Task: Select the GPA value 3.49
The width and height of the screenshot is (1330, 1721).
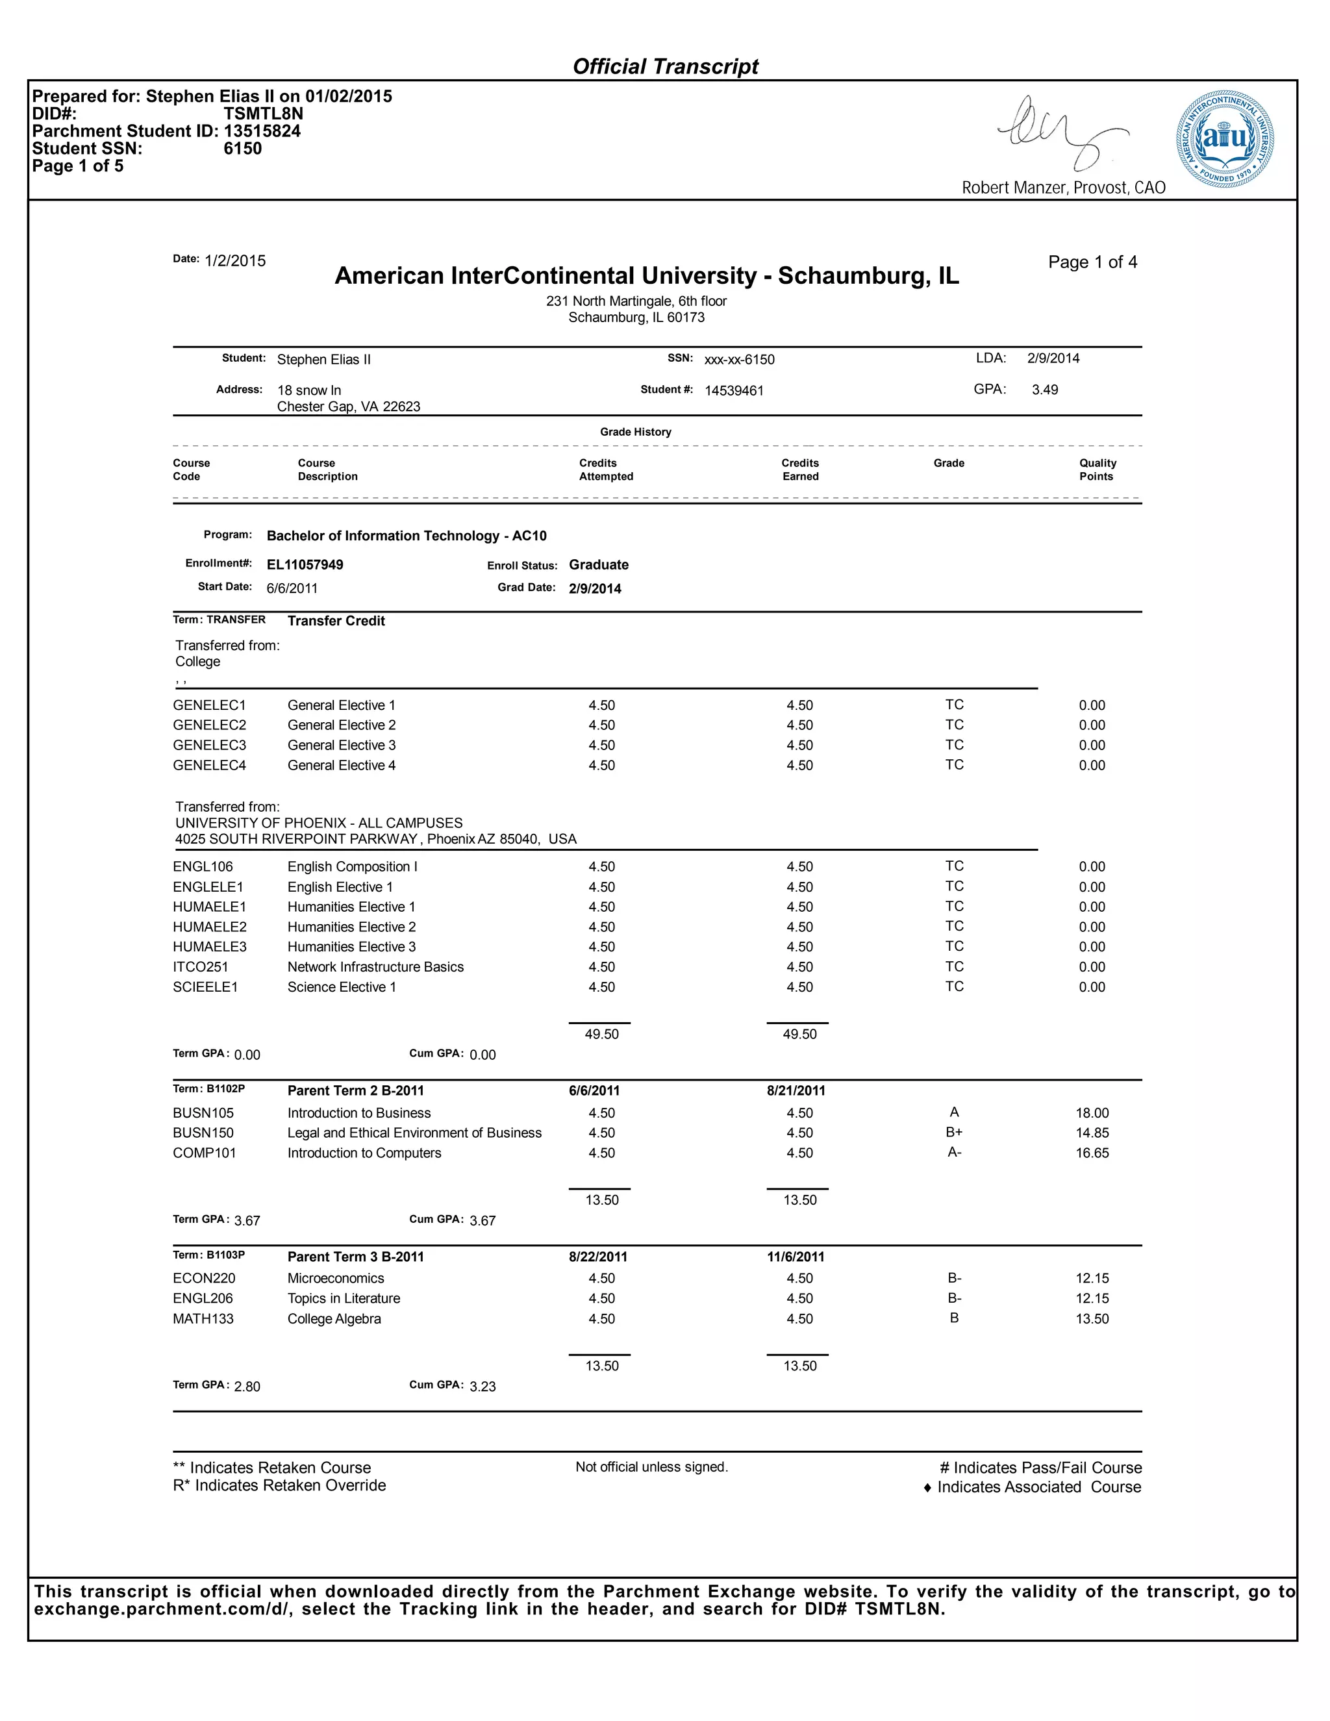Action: pyautogui.click(x=1045, y=390)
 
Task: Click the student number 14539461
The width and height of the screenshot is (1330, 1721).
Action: pyautogui.click(x=734, y=391)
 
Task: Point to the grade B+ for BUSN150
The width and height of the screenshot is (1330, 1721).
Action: pyautogui.click(x=954, y=1133)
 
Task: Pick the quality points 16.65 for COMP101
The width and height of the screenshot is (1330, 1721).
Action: pyautogui.click(x=1092, y=1153)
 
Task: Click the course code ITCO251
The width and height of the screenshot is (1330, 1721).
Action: pyautogui.click(x=200, y=967)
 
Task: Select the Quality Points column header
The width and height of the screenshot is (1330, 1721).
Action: pyautogui.click(x=1097, y=470)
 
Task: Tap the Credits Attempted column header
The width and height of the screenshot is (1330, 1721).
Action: pyautogui.click(x=605, y=470)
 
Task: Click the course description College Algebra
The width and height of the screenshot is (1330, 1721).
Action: pyautogui.click(x=334, y=1319)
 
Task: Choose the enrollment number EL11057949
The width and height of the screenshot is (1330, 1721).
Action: pyautogui.click(x=305, y=565)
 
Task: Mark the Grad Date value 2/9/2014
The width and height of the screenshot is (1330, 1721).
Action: pyautogui.click(x=595, y=588)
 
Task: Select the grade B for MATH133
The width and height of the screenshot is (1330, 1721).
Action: pyautogui.click(x=954, y=1318)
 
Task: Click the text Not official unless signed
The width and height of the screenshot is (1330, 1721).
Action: pyautogui.click(x=651, y=1467)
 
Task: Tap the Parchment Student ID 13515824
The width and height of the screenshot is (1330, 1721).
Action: pyautogui.click(x=262, y=132)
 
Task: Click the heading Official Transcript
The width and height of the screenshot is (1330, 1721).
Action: pyautogui.click(x=665, y=67)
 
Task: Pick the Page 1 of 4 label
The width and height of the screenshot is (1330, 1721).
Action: pyautogui.click(x=1092, y=262)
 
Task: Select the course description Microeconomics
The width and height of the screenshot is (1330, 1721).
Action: pyautogui.click(x=336, y=1278)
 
